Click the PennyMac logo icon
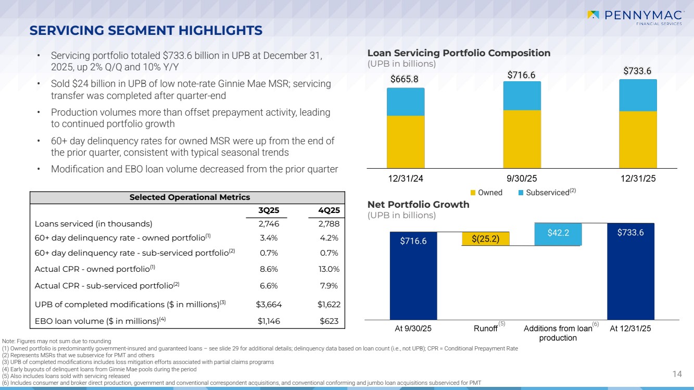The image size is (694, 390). click(592, 15)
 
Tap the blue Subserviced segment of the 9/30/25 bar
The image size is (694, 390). click(522, 96)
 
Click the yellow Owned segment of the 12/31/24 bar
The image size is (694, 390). click(406, 141)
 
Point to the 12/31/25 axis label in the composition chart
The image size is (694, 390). click(638, 179)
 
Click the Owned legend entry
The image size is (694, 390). click(487, 193)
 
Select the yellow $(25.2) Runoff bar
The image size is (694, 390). click(485, 239)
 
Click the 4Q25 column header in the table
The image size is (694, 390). click(329, 210)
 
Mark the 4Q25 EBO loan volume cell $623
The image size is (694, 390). click(329, 321)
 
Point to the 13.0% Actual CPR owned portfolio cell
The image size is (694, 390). click(328, 269)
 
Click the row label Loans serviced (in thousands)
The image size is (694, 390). click(93, 224)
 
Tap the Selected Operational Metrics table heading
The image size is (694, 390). click(187, 197)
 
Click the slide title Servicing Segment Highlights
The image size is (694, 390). click(146, 31)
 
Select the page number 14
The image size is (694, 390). click(677, 373)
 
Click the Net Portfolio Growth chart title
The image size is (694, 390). click(418, 205)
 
